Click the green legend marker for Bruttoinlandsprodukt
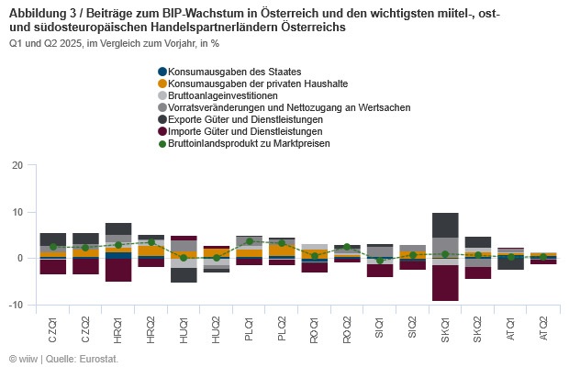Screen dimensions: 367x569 162,143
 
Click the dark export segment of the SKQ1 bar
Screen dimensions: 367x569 445,225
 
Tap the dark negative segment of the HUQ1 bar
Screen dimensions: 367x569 184,274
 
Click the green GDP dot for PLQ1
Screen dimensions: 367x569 250,241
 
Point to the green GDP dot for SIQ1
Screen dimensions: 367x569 380,261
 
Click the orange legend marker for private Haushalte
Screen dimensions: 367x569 162,83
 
